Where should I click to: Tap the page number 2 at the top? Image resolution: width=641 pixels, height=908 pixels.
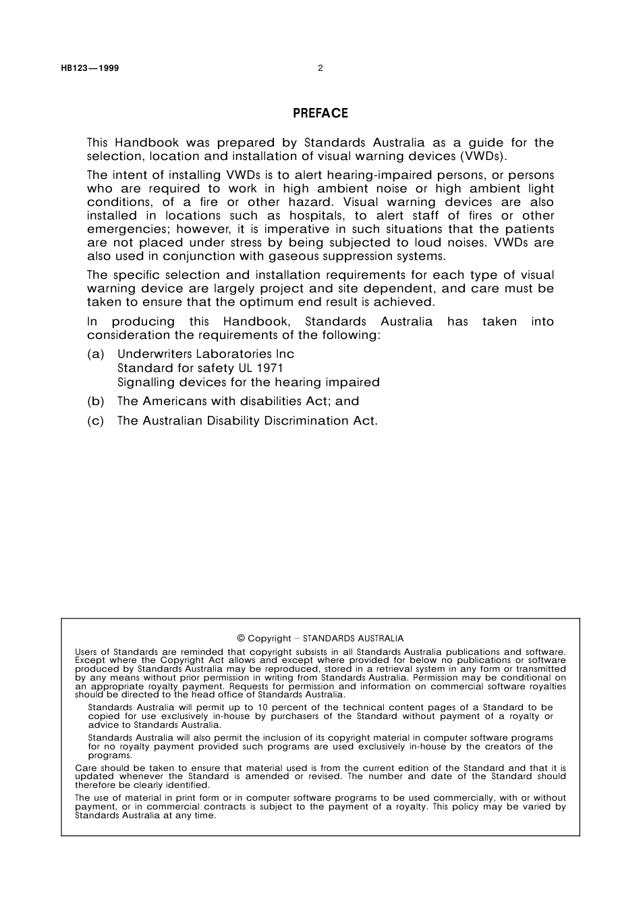point(320,68)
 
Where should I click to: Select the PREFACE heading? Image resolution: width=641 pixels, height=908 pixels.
point(320,113)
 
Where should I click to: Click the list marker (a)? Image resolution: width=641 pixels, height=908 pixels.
point(96,354)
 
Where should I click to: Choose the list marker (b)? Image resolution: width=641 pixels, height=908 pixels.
point(96,402)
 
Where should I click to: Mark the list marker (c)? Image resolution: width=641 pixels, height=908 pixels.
point(96,421)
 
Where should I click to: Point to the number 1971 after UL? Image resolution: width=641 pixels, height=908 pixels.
point(270,369)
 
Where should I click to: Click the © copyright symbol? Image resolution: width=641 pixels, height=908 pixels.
point(241,639)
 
